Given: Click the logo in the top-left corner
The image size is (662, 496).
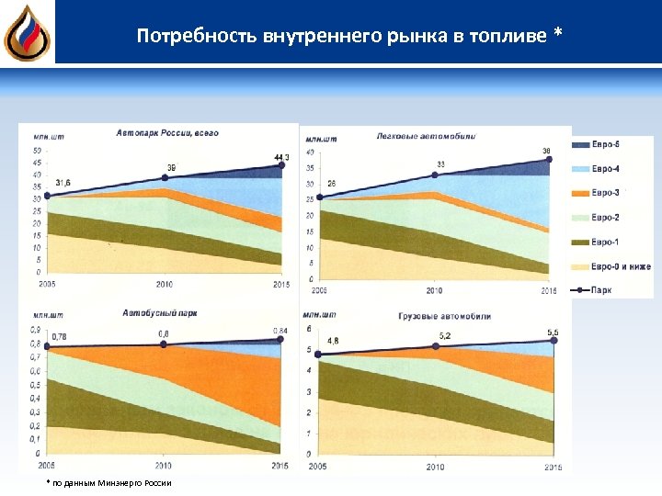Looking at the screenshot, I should (x=27, y=33).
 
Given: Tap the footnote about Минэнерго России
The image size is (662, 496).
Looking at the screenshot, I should (x=108, y=482).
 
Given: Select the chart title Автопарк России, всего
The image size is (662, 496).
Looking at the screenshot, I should (x=166, y=133).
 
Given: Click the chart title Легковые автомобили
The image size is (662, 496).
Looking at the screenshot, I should (x=426, y=137).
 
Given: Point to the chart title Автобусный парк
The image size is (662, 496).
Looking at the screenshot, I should (x=159, y=313).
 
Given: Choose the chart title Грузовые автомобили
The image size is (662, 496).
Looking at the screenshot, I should (x=445, y=316).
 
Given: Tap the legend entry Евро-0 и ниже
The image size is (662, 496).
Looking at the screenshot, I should (x=620, y=266).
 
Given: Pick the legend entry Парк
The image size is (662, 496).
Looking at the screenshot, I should (x=601, y=289).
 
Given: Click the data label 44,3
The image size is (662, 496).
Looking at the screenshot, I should (x=280, y=158).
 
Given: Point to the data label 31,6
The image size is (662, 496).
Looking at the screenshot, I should (x=64, y=183).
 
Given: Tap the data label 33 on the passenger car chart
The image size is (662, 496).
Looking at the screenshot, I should (x=440, y=164).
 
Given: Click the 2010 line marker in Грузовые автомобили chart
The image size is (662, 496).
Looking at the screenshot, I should (x=437, y=346).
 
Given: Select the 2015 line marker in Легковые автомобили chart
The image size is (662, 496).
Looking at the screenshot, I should (x=549, y=159).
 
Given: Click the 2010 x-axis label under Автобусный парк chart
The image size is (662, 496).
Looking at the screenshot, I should (x=163, y=464).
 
